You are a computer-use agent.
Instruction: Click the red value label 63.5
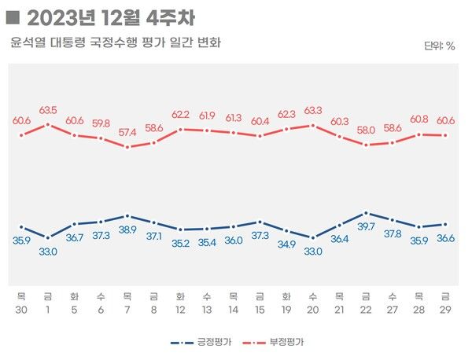pyautogui.click(x=48, y=110)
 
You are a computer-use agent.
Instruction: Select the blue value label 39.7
pyautogui.click(x=366, y=226)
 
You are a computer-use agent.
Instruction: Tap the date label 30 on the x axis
pyautogui.click(x=21, y=310)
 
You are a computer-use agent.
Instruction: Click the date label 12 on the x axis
pyautogui.click(x=180, y=310)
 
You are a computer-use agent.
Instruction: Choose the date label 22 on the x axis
pyautogui.click(x=366, y=310)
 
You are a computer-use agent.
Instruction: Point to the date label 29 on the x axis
pyautogui.click(x=445, y=310)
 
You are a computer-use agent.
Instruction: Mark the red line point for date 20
pyautogui.click(x=313, y=125)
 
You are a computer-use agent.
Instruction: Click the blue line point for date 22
pyautogui.click(x=366, y=213)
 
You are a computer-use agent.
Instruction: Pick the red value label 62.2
pyautogui.click(x=180, y=115)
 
